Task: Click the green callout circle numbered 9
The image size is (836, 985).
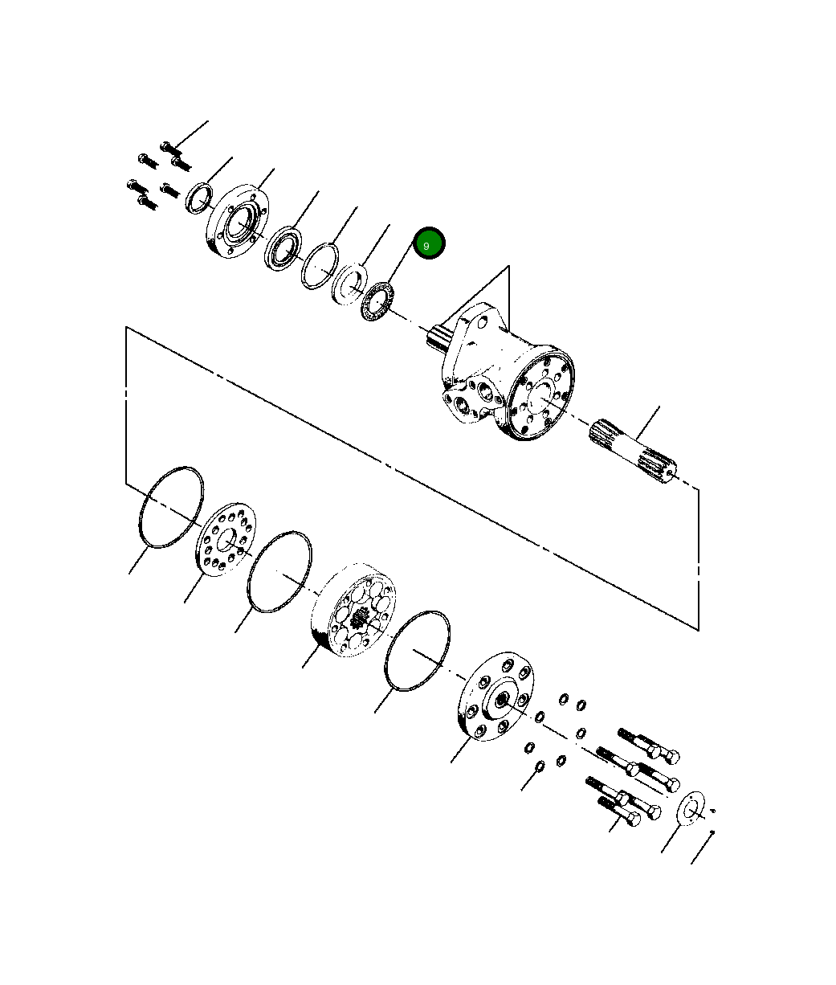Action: pyautogui.click(x=429, y=243)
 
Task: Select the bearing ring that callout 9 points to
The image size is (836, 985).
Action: pyautogui.click(x=376, y=304)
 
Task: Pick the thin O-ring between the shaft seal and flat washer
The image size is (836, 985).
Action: pyautogui.click(x=319, y=266)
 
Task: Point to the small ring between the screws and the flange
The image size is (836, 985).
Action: pyautogui.click(x=198, y=197)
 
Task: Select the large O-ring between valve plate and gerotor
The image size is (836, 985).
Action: pyautogui.click(x=279, y=571)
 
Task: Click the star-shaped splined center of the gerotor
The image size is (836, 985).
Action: pyautogui.click(x=359, y=618)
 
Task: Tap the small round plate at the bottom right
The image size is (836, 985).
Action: pyautogui.click(x=691, y=807)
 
